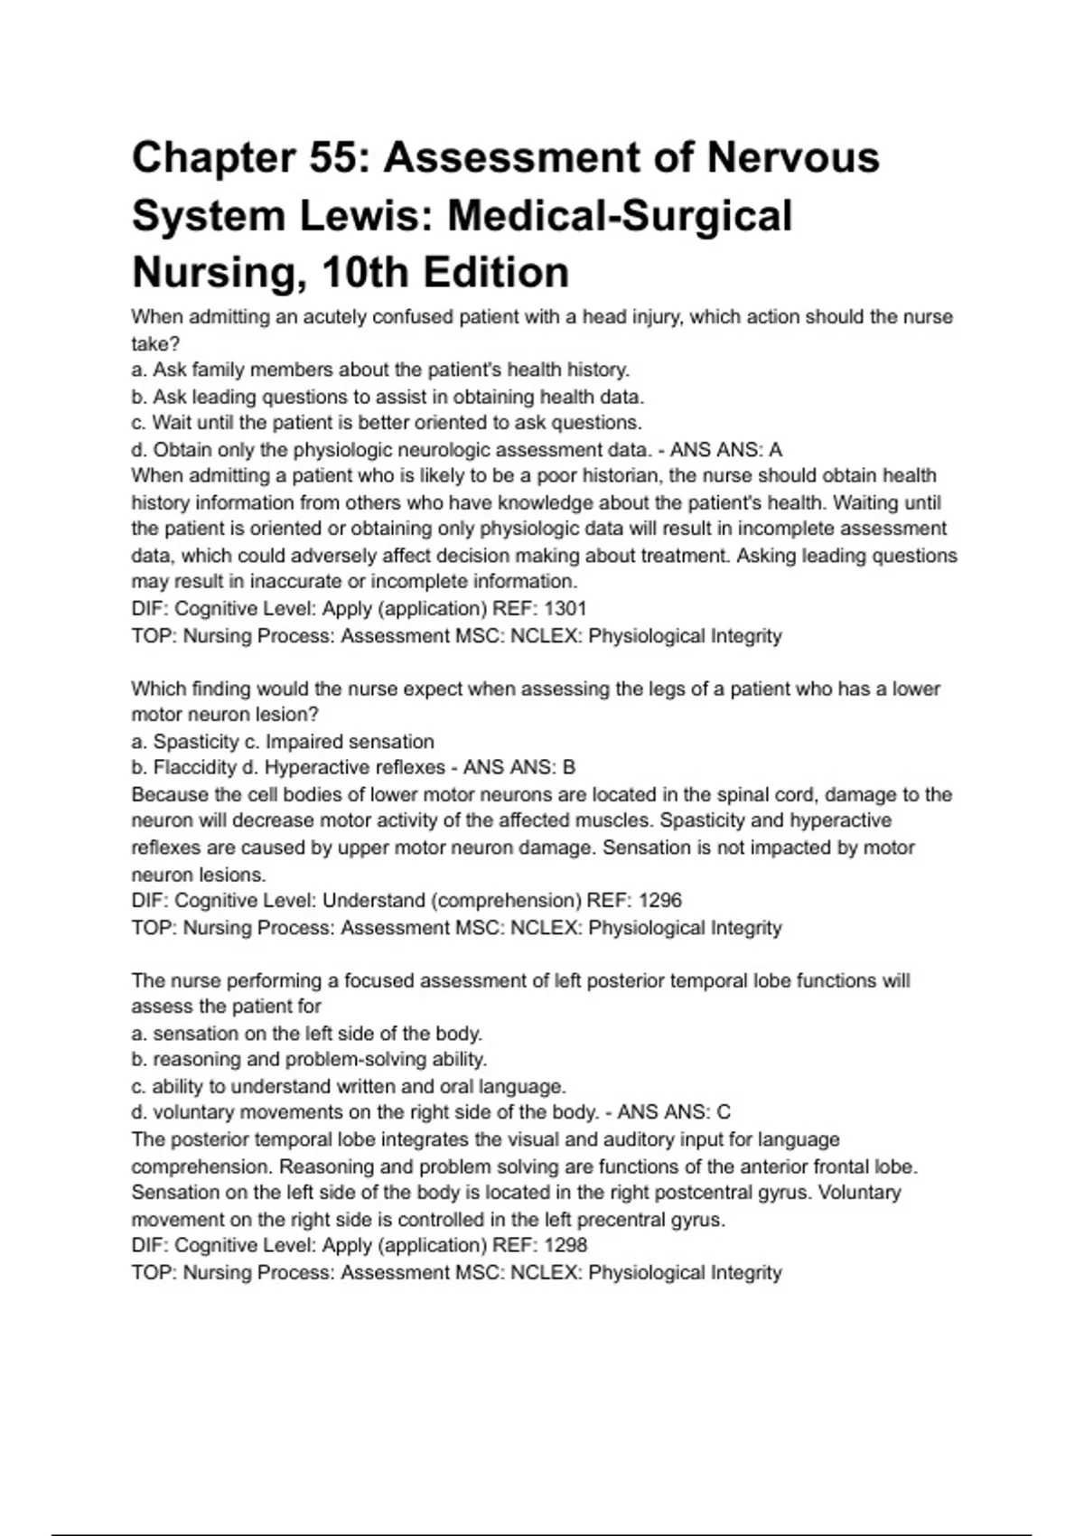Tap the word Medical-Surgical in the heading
[620, 216]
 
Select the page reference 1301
[565, 608]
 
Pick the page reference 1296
[660, 900]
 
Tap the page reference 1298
[565, 1245]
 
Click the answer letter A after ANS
[775, 449]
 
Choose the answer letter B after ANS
[568, 767]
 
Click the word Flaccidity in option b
[195, 767]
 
